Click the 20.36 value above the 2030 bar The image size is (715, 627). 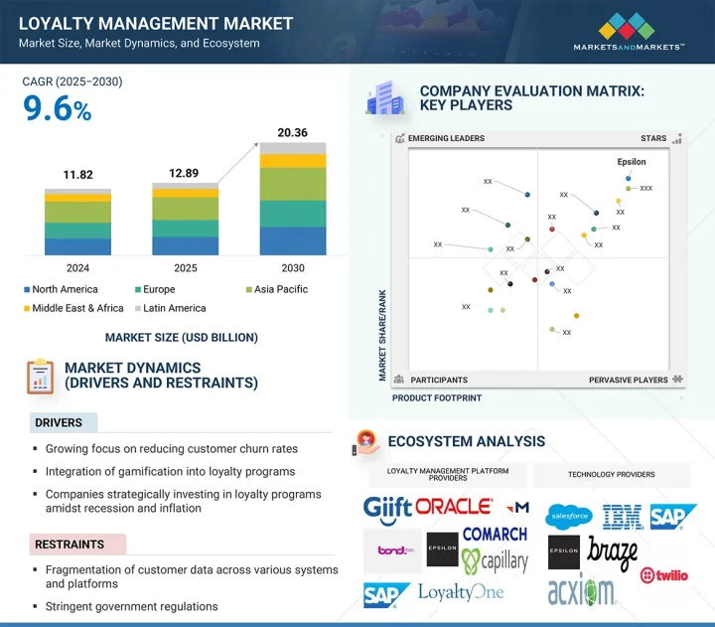point(280,132)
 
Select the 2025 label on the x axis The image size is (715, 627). point(186,268)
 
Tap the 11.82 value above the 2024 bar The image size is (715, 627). point(77,175)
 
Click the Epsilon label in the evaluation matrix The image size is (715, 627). point(631,162)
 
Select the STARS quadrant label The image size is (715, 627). point(652,139)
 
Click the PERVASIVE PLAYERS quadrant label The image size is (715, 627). point(628,380)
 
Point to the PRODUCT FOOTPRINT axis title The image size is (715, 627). point(436,397)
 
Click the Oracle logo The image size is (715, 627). point(454,507)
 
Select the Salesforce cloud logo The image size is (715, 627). point(569,516)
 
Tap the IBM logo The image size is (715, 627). point(623,516)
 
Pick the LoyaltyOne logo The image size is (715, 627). point(461,593)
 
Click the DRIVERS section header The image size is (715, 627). point(60,423)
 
